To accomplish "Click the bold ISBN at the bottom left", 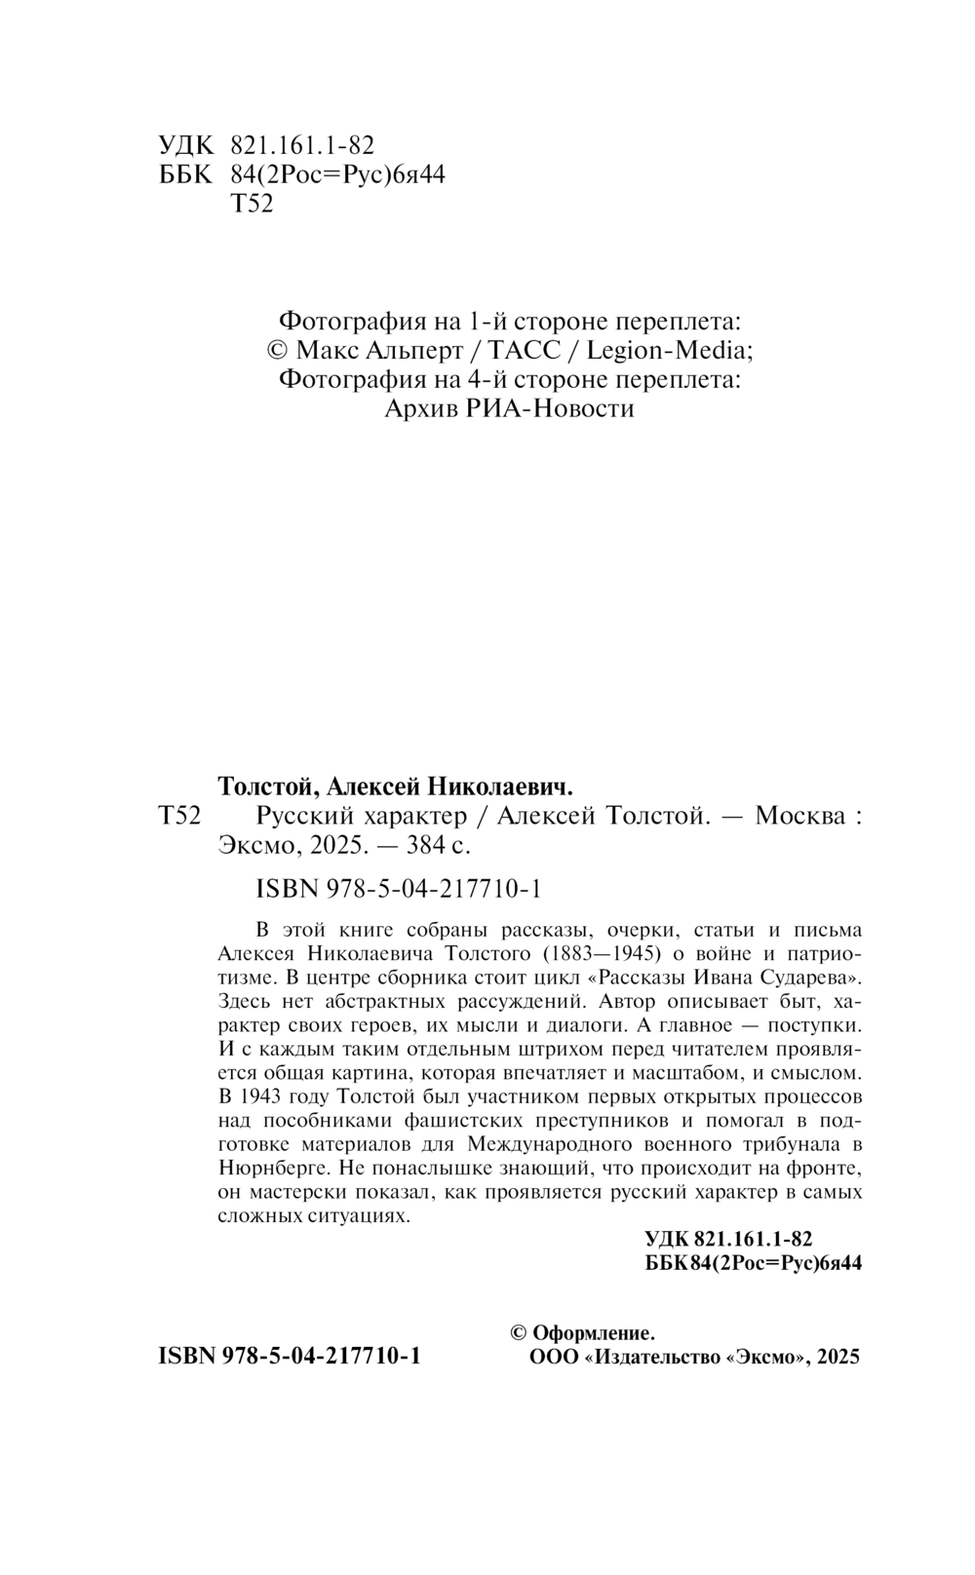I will (x=186, y=1357).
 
